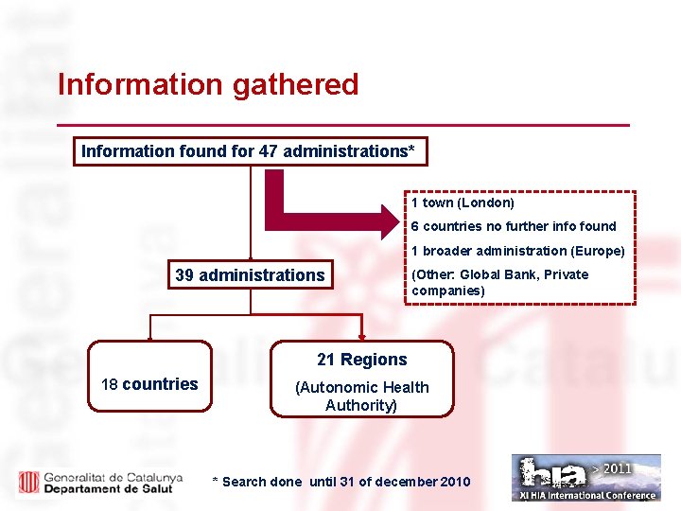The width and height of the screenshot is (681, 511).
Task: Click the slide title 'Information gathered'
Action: (208, 85)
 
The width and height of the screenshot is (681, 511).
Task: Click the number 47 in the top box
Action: (269, 151)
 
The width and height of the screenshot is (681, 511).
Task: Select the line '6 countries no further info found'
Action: (514, 226)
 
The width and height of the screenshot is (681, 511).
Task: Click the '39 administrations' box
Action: (250, 275)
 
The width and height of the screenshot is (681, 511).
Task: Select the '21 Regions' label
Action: (362, 360)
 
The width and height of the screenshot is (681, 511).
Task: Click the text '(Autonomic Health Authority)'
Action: (362, 396)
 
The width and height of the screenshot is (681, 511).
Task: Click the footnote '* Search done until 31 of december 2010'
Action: (341, 482)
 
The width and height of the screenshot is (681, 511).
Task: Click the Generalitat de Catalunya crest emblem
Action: (28, 481)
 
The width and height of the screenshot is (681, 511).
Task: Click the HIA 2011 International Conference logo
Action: (586, 478)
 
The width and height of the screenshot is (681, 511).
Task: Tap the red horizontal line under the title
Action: (342, 125)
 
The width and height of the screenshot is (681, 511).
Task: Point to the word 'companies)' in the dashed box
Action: (448, 291)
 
